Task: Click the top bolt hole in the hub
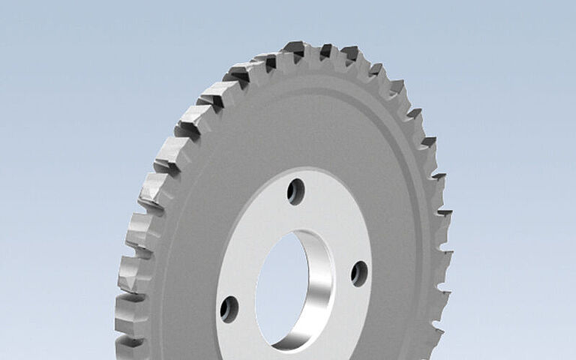pyautogui.click(x=295, y=191)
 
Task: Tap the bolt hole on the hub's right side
pyautogui.click(x=359, y=273)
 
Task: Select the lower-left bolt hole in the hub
pyautogui.click(x=229, y=308)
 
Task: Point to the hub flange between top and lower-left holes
pyautogui.click(x=251, y=240)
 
